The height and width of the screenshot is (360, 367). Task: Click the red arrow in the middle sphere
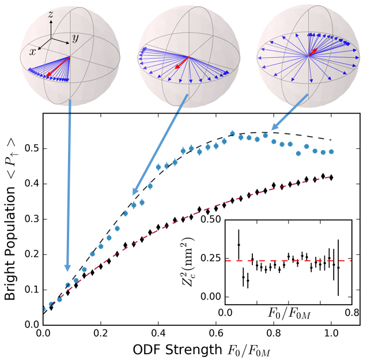click(x=181, y=63)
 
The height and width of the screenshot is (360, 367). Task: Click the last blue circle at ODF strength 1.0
click(x=331, y=152)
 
